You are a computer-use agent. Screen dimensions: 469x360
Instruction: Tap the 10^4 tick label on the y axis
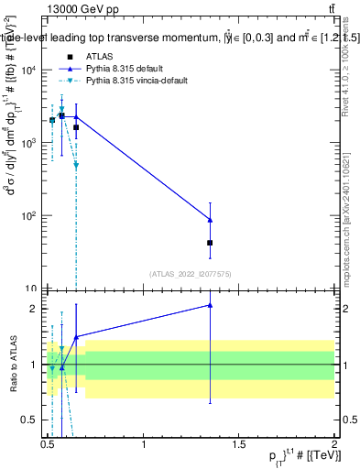pyautogui.click(x=31, y=71)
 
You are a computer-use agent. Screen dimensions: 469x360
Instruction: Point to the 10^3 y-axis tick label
pyautogui.click(x=31, y=144)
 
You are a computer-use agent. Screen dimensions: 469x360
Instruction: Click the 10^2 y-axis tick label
pyautogui.click(x=31, y=216)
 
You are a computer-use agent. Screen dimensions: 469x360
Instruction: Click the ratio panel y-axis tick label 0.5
pyautogui.click(x=33, y=420)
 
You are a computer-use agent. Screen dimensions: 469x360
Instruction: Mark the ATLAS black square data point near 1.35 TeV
pyautogui.click(x=210, y=243)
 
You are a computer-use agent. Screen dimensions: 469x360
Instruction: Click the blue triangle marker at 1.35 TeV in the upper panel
pyautogui.click(x=210, y=220)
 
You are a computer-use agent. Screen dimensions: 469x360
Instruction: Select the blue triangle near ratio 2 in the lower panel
pyautogui.click(x=210, y=305)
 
